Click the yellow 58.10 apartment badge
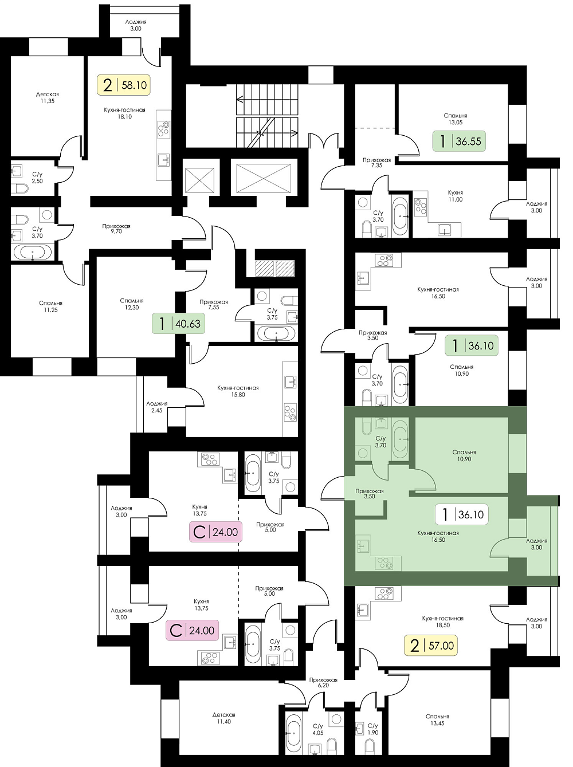[x=124, y=85]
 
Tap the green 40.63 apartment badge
[x=178, y=324]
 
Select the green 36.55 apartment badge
[x=459, y=141]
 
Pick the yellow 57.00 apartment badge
[x=431, y=646]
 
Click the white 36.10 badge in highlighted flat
[x=461, y=514]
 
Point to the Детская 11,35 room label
[x=47, y=97]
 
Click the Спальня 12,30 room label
[x=131, y=304]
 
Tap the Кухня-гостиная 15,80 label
[x=238, y=391]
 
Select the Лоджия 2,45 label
[x=156, y=407]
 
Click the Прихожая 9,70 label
[x=116, y=229]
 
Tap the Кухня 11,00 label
[x=456, y=196]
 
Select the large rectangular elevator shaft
[x=264, y=178]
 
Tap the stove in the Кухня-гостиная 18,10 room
[x=163, y=128]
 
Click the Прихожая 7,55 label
[x=214, y=304]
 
